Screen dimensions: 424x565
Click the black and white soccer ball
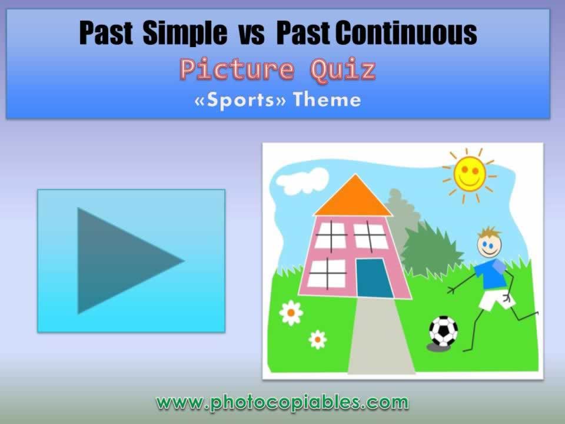(x=443, y=331)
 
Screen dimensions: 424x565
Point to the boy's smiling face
(x=488, y=243)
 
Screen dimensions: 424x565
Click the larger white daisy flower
(x=291, y=313)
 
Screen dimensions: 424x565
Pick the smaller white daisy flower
(x=318, y=339)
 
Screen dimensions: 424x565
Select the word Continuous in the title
(x=406, y=34)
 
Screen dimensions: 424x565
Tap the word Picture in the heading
(x=237, y=70)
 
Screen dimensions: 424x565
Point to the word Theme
(x=327, y=100)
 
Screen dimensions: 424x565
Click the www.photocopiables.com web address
(x=282, y=403)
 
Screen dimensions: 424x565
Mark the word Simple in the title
(x=184, y=34)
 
